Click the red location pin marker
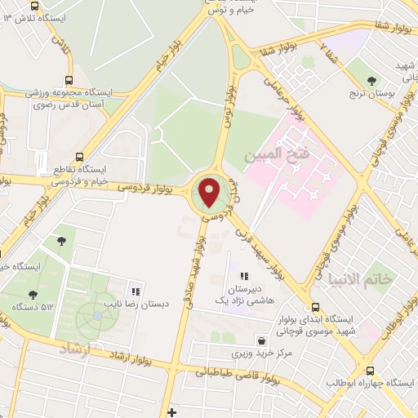point(210,193)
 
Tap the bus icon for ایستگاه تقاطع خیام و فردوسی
point(79,157)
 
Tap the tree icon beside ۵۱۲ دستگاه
point(33,295)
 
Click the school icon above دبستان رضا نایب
point(136,291)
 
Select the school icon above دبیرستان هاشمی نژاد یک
point(243,277)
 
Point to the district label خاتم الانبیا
point(360,279)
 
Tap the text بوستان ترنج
point(372,95)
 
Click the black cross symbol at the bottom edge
point(171,411)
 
